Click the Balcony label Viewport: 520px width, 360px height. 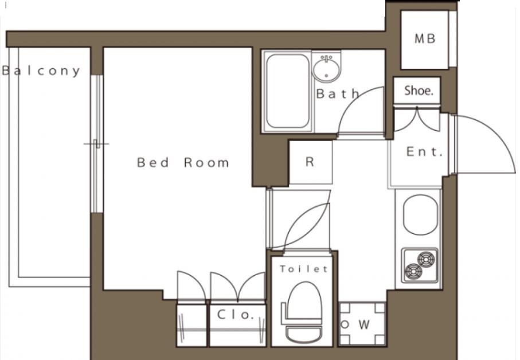click(41, 71)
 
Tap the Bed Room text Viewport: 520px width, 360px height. click(183, 162)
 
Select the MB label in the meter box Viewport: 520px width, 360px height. click(425, 39)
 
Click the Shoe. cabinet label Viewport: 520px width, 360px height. click(419, 91)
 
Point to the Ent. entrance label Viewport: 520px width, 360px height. click(424, 152)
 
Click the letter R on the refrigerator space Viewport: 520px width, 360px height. click(310, 162)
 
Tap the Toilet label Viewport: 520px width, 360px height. click(304, 268)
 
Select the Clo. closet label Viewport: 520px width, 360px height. click(236, 315)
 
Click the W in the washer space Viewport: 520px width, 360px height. click(364, 324)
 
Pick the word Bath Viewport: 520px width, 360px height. click(338, 94)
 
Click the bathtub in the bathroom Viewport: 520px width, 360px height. click(288, 91)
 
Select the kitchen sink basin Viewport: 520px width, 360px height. click(420, 215)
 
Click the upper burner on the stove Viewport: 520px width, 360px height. click(426, 259)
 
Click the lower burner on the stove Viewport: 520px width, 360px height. click(413, 271)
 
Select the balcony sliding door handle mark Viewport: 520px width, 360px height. click(96, 144)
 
